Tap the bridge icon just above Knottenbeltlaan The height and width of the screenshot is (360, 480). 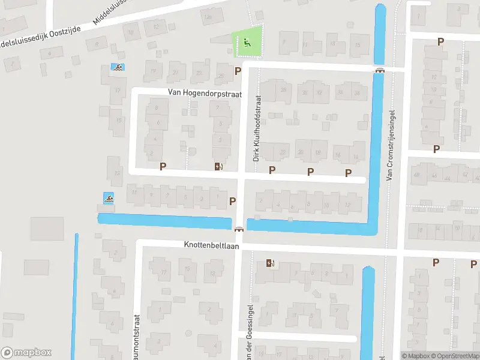[239, 229]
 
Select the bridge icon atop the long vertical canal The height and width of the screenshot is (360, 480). [379, 71]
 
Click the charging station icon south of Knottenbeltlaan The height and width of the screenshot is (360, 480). [271, 263]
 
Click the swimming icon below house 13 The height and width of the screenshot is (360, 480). [109, 197]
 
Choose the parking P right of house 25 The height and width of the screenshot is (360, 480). [238, 71]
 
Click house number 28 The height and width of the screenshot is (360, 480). [282, 90]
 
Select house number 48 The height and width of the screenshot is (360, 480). [416, 175]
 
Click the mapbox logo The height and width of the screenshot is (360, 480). [26, 352]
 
